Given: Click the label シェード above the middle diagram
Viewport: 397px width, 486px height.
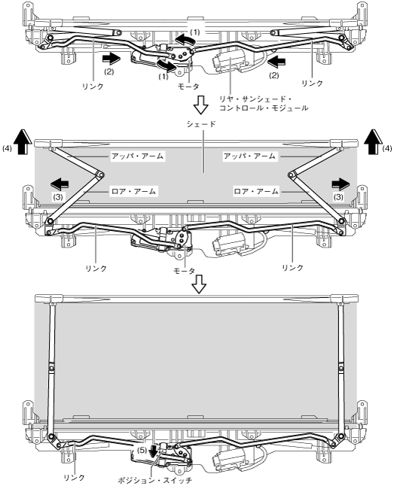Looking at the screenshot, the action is (201, 124).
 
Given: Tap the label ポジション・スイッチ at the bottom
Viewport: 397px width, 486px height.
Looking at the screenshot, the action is (155, 481).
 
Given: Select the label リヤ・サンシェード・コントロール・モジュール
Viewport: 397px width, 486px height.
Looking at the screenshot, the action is (264, 104).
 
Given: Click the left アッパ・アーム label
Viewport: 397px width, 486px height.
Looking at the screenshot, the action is (138, 156).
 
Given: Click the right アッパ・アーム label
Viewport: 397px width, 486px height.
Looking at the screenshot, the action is (249, 156).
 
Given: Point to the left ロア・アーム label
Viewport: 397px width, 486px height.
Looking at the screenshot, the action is (133, 191).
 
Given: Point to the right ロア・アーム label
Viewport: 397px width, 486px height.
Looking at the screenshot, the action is (256, 191).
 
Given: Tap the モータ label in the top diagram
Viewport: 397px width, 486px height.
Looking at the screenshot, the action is (188, 87).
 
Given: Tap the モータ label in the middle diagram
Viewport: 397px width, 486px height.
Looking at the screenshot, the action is (185, 271).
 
